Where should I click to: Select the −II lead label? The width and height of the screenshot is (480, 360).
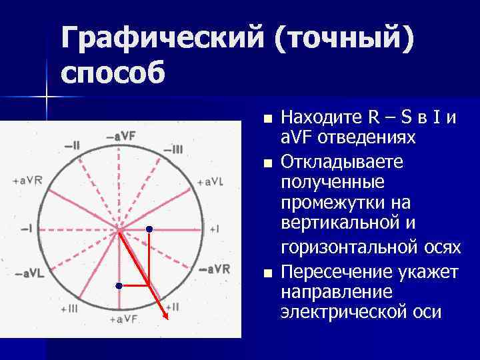click(71, 145)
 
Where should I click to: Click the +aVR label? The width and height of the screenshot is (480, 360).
click(27, 181)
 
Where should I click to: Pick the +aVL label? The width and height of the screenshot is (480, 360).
click(211, 181)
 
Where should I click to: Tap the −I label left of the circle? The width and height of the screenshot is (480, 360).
click(27, 228)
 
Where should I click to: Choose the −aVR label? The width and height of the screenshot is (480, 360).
click(214, 269)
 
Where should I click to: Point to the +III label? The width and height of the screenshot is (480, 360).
click(69, 309)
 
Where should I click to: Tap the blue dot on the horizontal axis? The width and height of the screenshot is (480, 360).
click(149, 229)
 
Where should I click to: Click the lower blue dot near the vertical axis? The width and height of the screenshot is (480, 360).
click(118, 285)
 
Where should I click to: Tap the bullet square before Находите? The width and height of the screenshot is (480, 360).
click(267, 120)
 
